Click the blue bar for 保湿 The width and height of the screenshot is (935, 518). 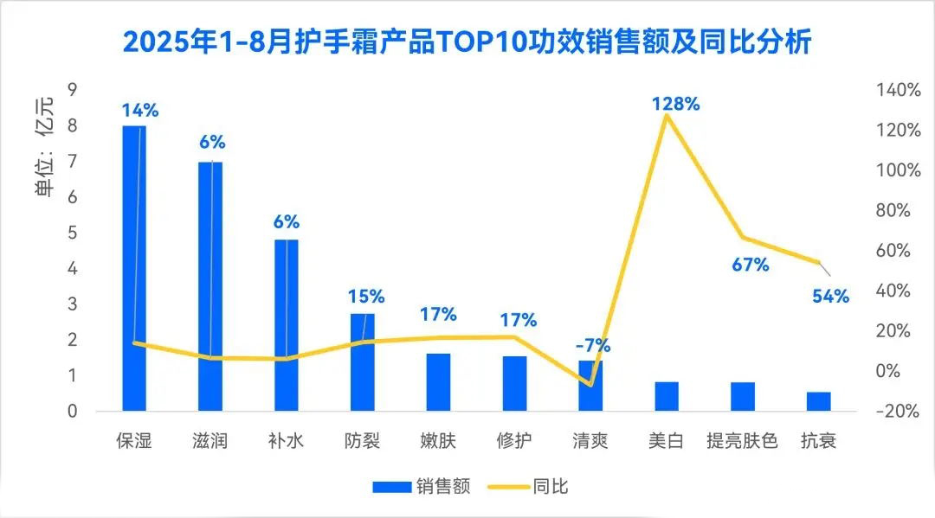134,268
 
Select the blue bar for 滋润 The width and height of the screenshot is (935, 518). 210,285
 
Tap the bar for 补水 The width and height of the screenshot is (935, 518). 287,324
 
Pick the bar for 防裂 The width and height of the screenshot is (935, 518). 363,361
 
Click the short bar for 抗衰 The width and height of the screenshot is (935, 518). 819,401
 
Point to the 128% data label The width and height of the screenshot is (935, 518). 676,104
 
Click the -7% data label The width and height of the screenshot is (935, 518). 593,346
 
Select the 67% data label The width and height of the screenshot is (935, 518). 751,265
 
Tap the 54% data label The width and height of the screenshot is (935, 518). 830,297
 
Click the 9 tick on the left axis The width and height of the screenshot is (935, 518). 73,90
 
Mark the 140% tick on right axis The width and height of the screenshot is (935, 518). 898,90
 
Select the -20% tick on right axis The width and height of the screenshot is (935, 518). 896,412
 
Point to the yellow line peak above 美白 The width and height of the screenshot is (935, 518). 666,115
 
